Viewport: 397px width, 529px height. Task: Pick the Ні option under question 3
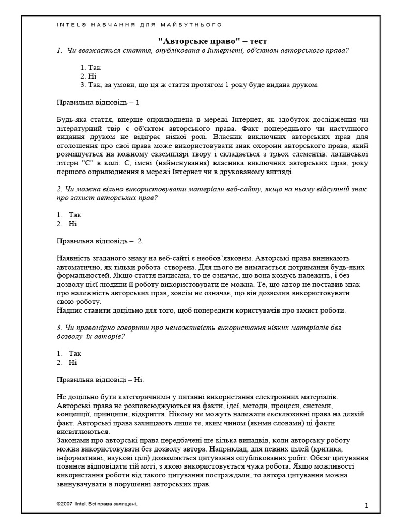click(x=73, y=362)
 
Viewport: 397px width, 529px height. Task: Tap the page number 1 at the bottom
click(x=365, y=506)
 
